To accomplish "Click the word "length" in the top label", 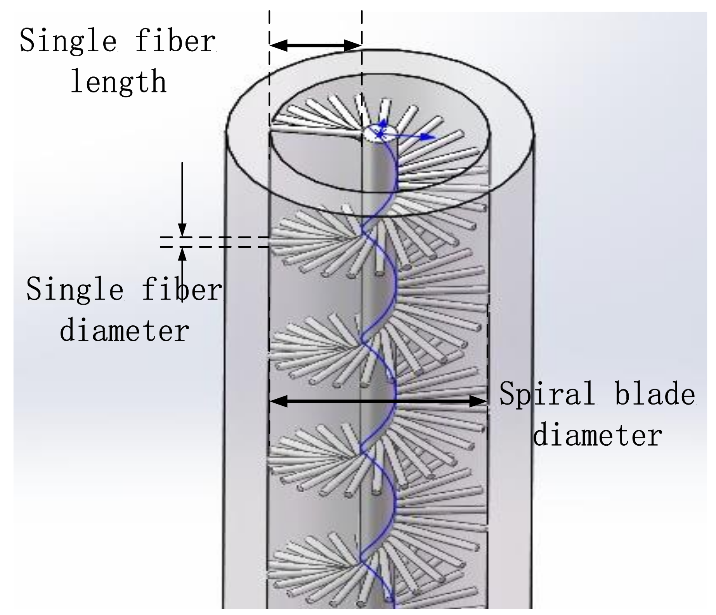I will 118,82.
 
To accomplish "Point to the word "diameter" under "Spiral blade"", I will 598,435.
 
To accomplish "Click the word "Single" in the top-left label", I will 68,40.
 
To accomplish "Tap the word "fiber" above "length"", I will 175,40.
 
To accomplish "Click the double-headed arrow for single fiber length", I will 316,45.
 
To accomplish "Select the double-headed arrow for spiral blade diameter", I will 378,401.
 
